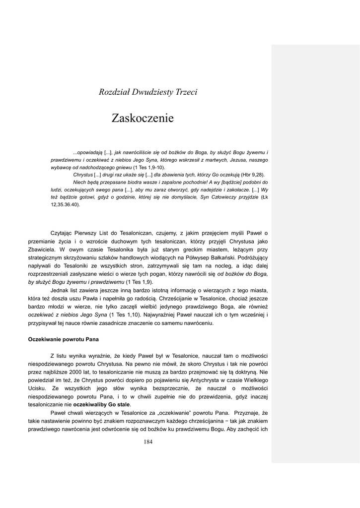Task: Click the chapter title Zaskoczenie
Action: pos(143,119)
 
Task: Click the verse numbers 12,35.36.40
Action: pos(65,204)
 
